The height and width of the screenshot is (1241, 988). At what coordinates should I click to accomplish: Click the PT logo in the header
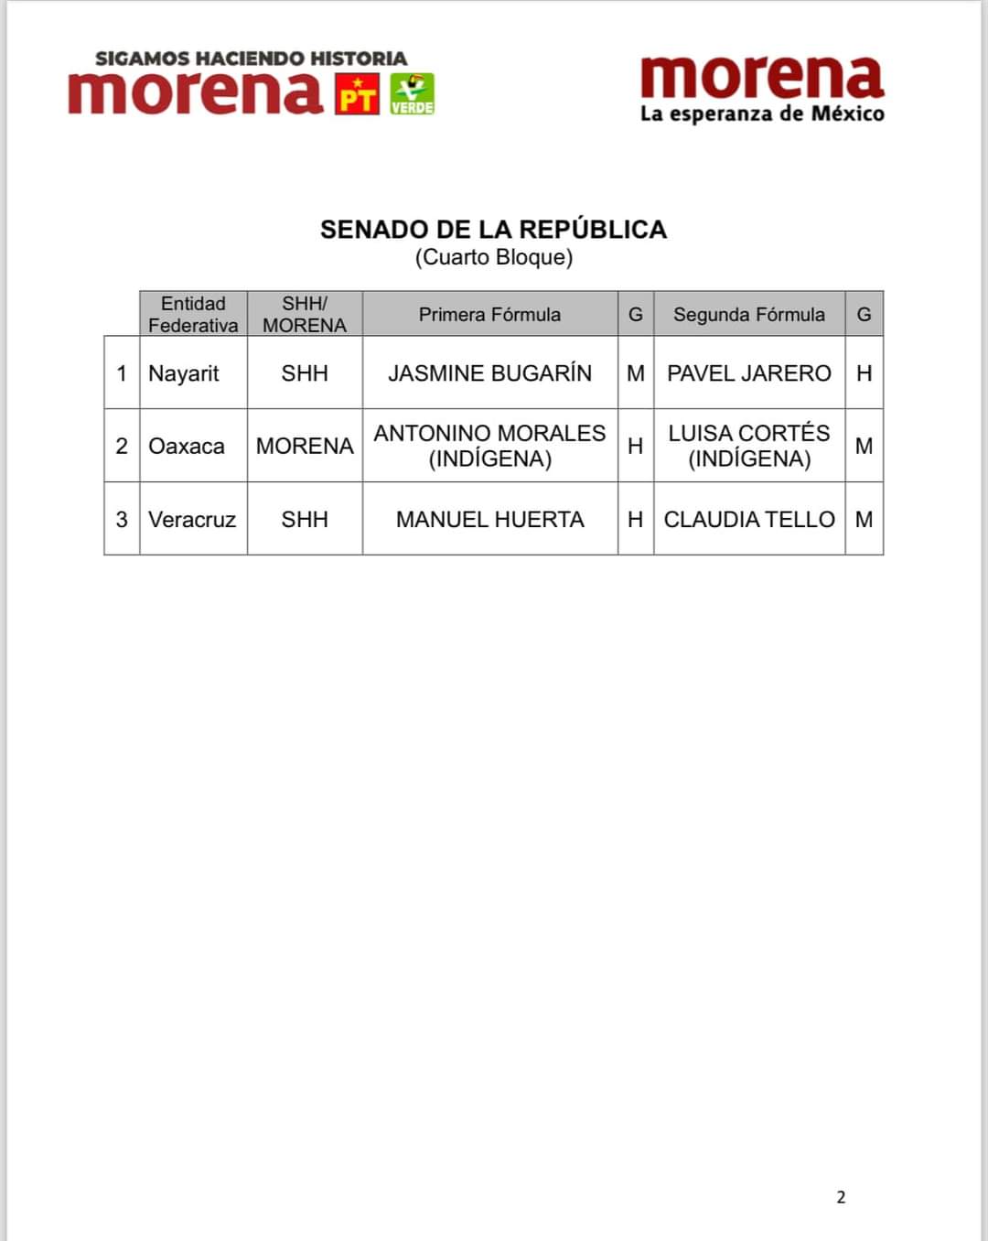[x=358, y=94]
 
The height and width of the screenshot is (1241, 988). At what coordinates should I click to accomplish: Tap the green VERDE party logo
[x=412, y=94]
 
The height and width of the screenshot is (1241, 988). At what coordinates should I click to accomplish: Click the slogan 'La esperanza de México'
[x=762, y=113]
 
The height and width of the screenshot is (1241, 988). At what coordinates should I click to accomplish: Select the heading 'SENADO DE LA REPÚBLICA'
[x=493, y=229]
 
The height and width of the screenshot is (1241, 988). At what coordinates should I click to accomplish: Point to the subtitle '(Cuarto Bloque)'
[x=494, y=257]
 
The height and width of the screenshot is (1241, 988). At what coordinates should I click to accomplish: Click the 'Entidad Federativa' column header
[x=193, y=314]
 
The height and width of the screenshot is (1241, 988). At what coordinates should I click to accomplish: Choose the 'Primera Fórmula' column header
[x=489, y=315]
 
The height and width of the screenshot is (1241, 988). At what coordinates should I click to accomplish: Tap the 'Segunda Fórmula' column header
[x=748, y=315]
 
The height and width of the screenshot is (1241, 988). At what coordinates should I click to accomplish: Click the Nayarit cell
[x=184, y=373]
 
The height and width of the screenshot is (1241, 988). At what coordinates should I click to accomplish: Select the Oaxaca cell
[x=187, y=446]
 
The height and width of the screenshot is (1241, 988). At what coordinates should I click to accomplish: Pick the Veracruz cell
[x=192, y=520]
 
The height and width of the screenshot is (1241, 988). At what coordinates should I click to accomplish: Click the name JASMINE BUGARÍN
[x=489, y=373]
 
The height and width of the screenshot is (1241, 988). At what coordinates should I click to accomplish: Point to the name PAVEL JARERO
[x=748, y=373]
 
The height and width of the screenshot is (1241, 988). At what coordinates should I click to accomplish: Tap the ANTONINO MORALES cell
[x=489, y=446]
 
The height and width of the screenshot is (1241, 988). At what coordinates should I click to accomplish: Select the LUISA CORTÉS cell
[x=748, y=446]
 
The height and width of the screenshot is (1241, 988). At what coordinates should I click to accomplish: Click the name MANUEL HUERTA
[x=489, y=520]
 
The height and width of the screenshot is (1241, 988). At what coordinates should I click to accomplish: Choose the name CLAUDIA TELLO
[x=748, y=520]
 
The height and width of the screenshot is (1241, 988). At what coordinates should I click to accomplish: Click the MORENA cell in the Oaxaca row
[x=305, y=446]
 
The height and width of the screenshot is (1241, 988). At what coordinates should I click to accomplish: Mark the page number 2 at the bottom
[x=841, y=1197]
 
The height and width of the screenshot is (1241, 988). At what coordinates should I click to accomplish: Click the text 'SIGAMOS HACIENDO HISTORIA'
[x=251, y=59]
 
